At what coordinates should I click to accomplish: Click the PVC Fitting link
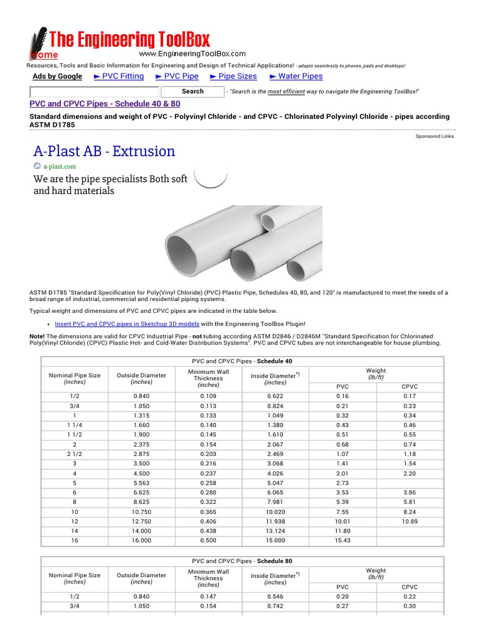[x=118, y=77]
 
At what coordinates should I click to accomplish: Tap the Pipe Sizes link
[x=233, y=77]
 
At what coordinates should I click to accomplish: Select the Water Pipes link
[x=296, y=77]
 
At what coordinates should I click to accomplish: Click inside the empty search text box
[x=94, y=92]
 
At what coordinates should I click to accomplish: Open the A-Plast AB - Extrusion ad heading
[x=104, y=151]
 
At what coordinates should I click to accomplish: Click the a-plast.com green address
[x=60, y=167]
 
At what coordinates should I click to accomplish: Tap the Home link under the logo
[x=44, y=55]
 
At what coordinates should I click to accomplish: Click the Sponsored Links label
[x=434, y=136]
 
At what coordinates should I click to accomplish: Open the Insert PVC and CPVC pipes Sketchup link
[x=127, y=324]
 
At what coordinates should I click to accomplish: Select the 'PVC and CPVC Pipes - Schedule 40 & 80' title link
[x=105, y=104]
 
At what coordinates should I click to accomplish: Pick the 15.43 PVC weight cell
[x=342, y=541]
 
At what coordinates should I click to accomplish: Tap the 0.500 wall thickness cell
[x=209, y=541]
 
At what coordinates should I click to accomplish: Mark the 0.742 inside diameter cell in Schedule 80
[x=275, y=607]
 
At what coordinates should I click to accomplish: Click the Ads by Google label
[x=57, y=77]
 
